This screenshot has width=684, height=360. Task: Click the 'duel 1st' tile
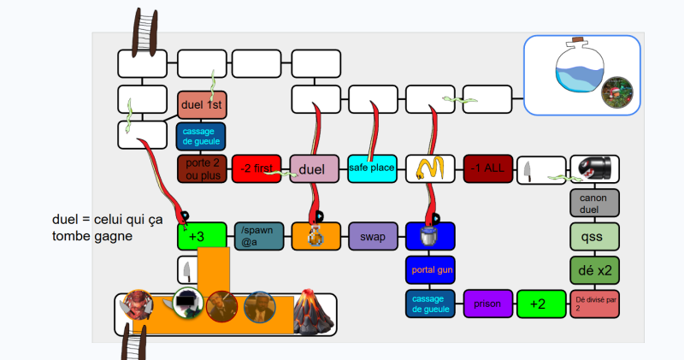click(202, 105)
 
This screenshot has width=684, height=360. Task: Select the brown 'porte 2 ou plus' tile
click(201, 169)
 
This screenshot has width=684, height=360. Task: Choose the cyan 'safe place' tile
click(372, 168)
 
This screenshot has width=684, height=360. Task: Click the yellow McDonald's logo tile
click(429, 169)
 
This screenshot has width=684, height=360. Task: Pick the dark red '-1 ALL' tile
click(487, 169)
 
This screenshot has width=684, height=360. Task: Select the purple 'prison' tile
click(487, 304)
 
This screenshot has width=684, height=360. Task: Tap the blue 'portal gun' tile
click(430, 270)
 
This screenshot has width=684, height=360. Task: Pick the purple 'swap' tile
click(372, 236)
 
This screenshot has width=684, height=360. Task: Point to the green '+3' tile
click(202, 236)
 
